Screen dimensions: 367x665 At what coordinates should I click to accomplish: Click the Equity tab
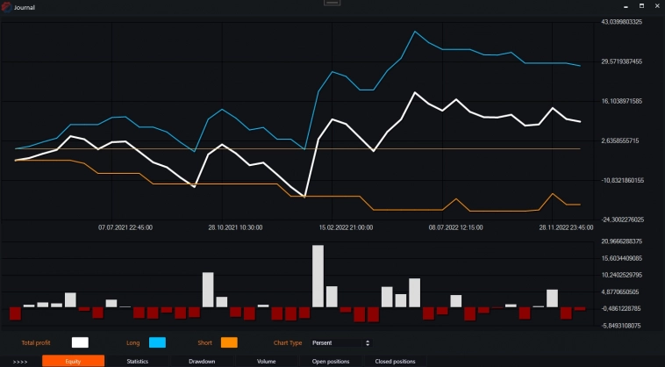[73, 361]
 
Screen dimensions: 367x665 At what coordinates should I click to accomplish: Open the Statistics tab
[137, 361]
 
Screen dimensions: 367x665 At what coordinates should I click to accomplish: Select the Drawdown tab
[202, 361]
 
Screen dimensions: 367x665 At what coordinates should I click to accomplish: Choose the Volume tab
[267, 361]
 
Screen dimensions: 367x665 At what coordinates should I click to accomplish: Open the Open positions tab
[331, 361]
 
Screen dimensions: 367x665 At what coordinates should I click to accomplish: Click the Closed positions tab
[395, 361]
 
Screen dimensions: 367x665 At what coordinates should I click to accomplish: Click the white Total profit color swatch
[81, 342]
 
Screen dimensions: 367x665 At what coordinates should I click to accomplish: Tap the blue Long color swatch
[157, 342]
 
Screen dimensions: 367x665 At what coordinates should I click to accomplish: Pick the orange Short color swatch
[229, 342]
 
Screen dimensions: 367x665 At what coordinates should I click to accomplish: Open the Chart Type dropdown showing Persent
[340, 342]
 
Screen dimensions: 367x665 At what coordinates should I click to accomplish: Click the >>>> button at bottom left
[20, 361]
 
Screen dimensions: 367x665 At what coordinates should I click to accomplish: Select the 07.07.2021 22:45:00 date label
[125, 227]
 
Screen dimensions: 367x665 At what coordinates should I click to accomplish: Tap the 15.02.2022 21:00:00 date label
[346, 227]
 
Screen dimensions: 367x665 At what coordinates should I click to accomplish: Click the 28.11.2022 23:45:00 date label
[566, 227]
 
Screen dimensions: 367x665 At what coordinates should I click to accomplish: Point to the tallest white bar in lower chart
[318, 276]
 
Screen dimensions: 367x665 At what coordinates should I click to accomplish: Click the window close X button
[654, 6]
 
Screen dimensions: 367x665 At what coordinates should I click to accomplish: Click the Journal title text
[25, 7]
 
